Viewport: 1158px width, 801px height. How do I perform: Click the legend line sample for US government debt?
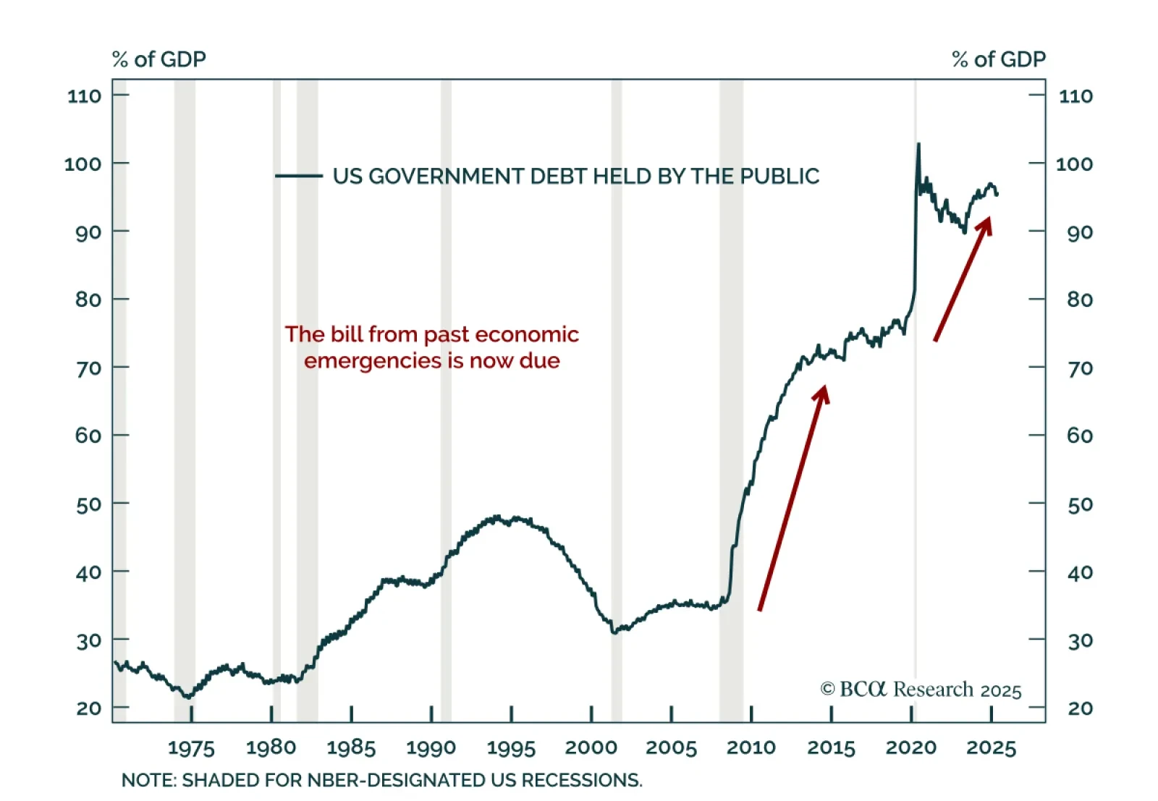click(x=298, y=176)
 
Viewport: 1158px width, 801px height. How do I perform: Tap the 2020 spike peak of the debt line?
click(x=918, y=145)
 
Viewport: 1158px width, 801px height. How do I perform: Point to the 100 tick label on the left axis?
click(x=83, y=164)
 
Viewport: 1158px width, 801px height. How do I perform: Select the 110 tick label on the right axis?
click(x=1075, y=96)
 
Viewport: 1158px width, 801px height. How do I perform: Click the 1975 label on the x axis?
click(x=191, y=747)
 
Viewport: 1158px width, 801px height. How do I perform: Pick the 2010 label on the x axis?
click(x=751, y=747)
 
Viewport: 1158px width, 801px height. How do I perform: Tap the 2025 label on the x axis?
click(x=991, y=747)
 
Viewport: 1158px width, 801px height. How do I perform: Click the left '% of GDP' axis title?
click(x=159, y=59)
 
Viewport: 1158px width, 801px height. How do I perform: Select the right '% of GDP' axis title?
click(x=999, y=59)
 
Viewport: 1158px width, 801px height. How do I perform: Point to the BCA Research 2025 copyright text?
click(x=921, y=690)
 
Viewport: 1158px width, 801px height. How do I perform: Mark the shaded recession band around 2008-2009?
click(x=731, y=398)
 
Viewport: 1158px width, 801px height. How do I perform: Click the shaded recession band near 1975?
click(x=185, y=398)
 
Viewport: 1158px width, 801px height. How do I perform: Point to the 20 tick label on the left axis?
click(x=88, y=708)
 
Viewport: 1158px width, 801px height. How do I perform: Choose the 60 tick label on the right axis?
click(x=1079, y=436)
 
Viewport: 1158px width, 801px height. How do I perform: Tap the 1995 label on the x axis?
click(x=511, y=747)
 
